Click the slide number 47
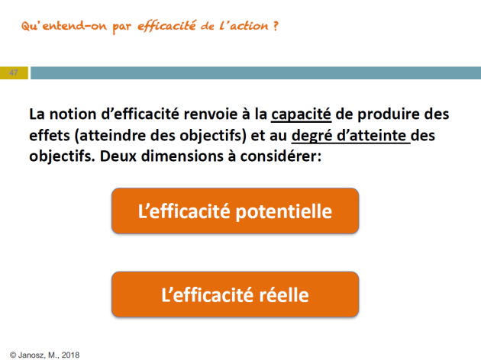[14, 73]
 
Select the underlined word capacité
[301, 114]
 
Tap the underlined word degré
[312, 136]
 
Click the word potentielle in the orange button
[284, 212]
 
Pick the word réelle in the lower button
[284, 295]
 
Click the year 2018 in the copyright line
[70, 355]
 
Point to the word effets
[50, 136]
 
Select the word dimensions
[182, 156]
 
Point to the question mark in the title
[276, 26]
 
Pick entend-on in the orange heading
[75, 26]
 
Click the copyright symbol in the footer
[13, 355]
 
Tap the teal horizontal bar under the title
[256, 73]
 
